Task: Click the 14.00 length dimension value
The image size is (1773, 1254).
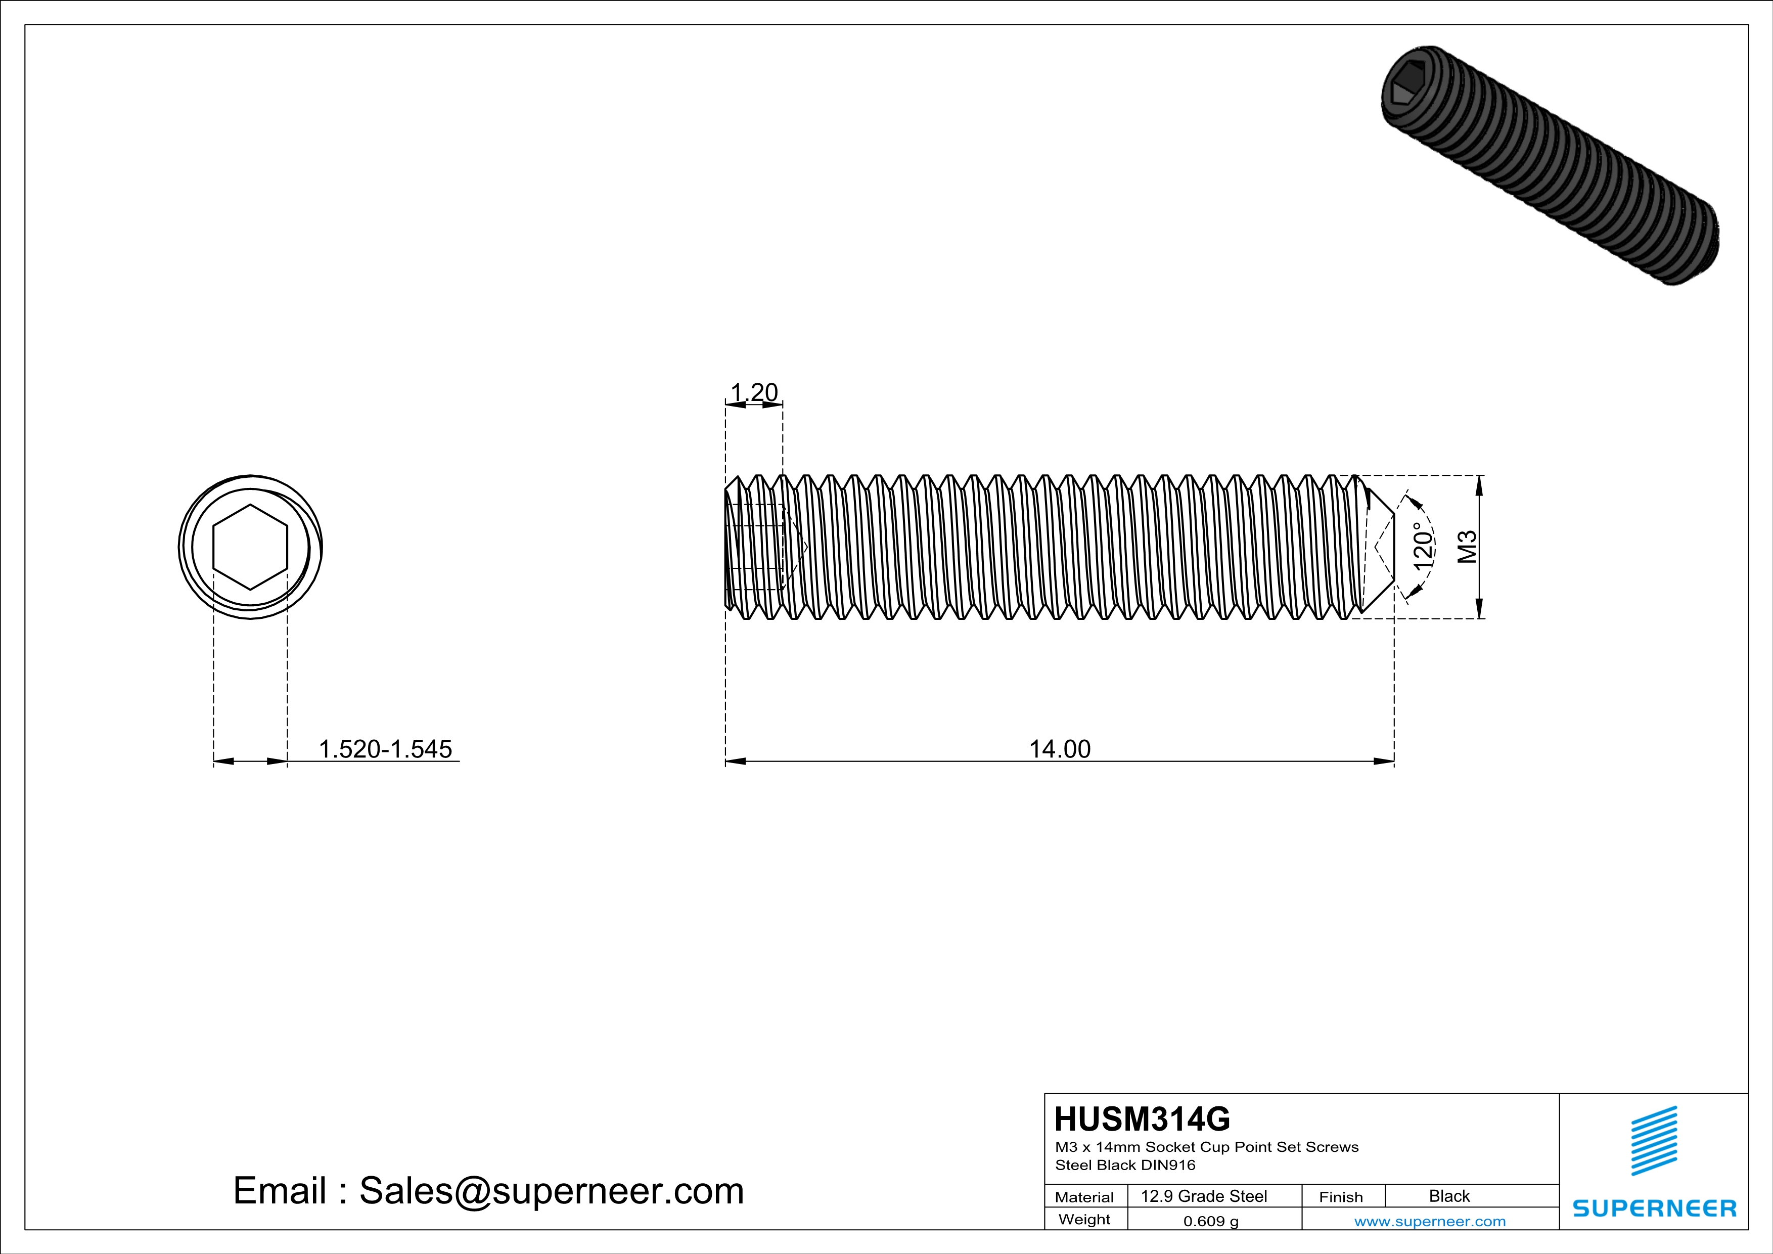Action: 1060,749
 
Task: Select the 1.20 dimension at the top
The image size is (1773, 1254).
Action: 754,392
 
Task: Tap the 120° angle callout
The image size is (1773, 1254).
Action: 1423,546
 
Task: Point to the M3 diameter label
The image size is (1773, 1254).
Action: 1467,547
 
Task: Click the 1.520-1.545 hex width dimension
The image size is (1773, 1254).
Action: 385,749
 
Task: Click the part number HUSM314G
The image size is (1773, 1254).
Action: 1142,1118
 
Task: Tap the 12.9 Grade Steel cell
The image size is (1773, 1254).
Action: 1204,1196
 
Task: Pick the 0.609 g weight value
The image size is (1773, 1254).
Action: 1211,1221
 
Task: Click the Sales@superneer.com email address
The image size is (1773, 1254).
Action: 552,1191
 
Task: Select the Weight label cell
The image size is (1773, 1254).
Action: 1084,1219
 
